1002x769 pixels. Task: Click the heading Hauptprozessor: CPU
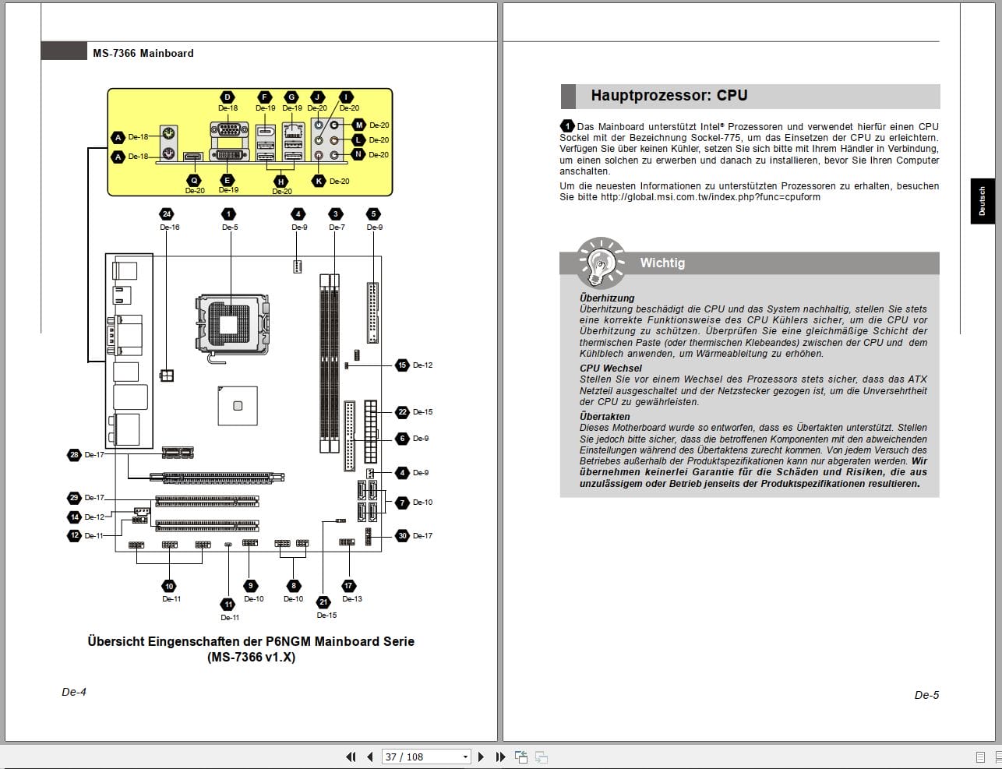[x=669, y=96]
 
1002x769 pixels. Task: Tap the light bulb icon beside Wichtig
[x=600, y=263]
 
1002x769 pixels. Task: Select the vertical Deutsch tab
[x=982, y=201]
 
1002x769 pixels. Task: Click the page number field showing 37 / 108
[x=427, y=757]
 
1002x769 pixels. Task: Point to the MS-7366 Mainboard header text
[x=143, y=54]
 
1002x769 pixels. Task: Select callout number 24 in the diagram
[x=166, y=214]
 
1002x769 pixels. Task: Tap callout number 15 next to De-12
[x=402, y=365]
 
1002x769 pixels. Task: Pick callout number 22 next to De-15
[x=402, y=411]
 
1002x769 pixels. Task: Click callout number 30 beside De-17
[x=402, y=535]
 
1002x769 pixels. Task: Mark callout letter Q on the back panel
[x=194, y=180]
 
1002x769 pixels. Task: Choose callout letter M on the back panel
[x=359, y=125]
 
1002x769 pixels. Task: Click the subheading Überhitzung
[x=607, y=298]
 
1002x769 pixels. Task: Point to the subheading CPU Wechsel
[x=611, y=369]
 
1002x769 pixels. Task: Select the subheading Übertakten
[x=605, y=416]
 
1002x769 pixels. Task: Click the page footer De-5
[x=926, y=695]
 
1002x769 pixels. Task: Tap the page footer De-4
[x=74, y=692]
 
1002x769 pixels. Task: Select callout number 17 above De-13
[x=348, y=585]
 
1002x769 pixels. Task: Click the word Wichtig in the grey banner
[x=662, y=263]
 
